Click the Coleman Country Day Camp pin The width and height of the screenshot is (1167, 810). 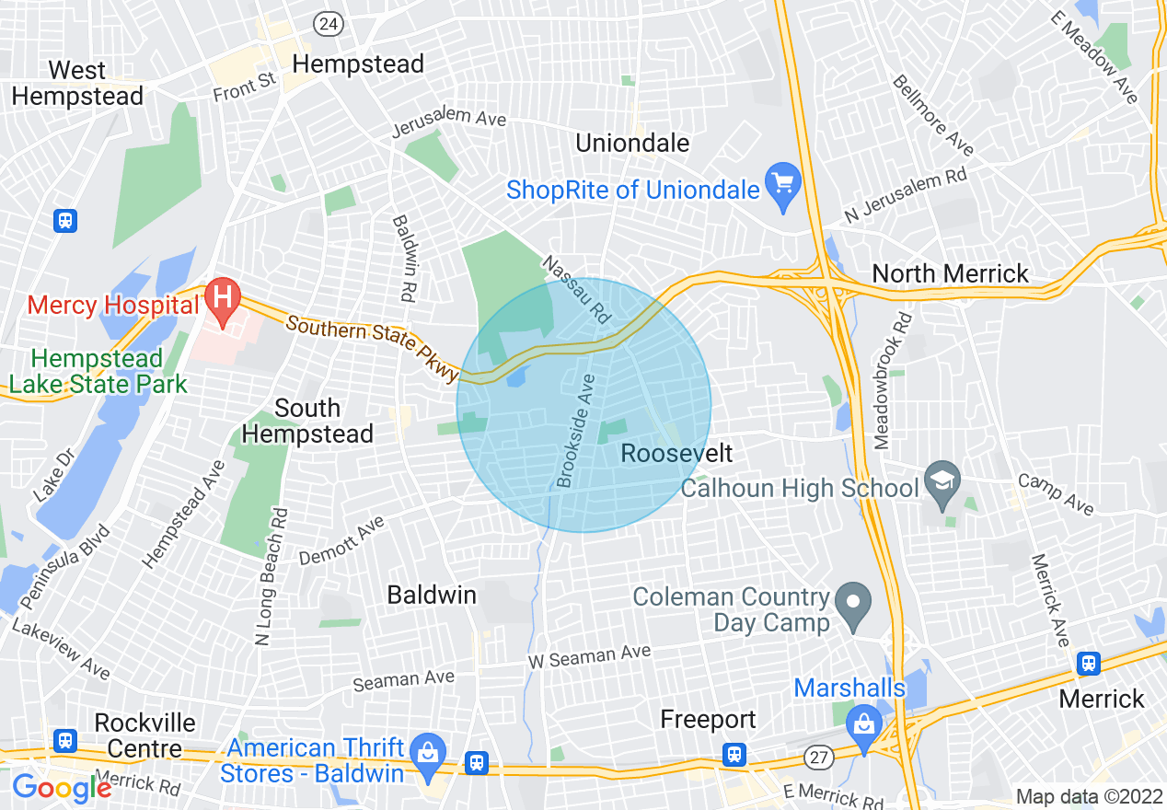854,604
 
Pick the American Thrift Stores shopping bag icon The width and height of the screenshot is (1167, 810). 427,751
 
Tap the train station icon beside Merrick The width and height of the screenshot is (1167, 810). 1089,663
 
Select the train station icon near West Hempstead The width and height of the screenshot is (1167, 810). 64,221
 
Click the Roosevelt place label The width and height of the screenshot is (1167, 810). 676,453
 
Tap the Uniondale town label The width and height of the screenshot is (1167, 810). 632,143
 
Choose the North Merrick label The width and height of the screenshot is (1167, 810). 950,273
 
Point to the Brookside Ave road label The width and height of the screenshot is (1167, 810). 577,430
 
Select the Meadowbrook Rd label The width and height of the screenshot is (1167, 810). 890,380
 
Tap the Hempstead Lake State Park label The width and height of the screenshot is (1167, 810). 98,371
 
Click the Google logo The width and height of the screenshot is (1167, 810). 61,788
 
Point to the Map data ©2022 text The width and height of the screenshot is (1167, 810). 1089,796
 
